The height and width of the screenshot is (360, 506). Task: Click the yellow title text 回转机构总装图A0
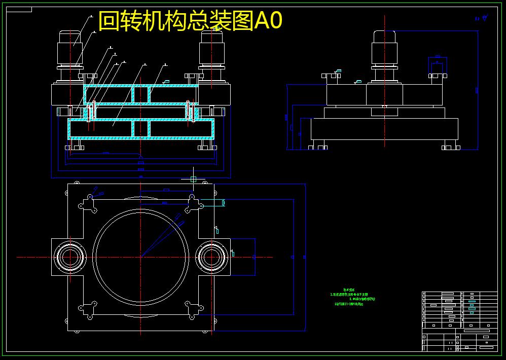point(190,21)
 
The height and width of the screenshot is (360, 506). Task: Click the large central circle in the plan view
point(140,257)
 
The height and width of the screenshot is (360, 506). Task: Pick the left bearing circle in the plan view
point(70,257)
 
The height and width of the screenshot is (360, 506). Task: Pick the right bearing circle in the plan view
point(211,257)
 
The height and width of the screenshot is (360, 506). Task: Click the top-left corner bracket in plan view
point(88,204)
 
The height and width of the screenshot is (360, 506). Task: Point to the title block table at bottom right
point(459,321)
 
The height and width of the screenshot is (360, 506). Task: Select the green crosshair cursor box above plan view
point(193,179)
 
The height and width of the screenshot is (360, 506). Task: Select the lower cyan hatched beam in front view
point(140,129)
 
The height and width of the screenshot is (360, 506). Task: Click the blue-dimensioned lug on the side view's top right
point(437,66)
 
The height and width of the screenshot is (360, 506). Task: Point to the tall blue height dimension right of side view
point(478,90)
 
